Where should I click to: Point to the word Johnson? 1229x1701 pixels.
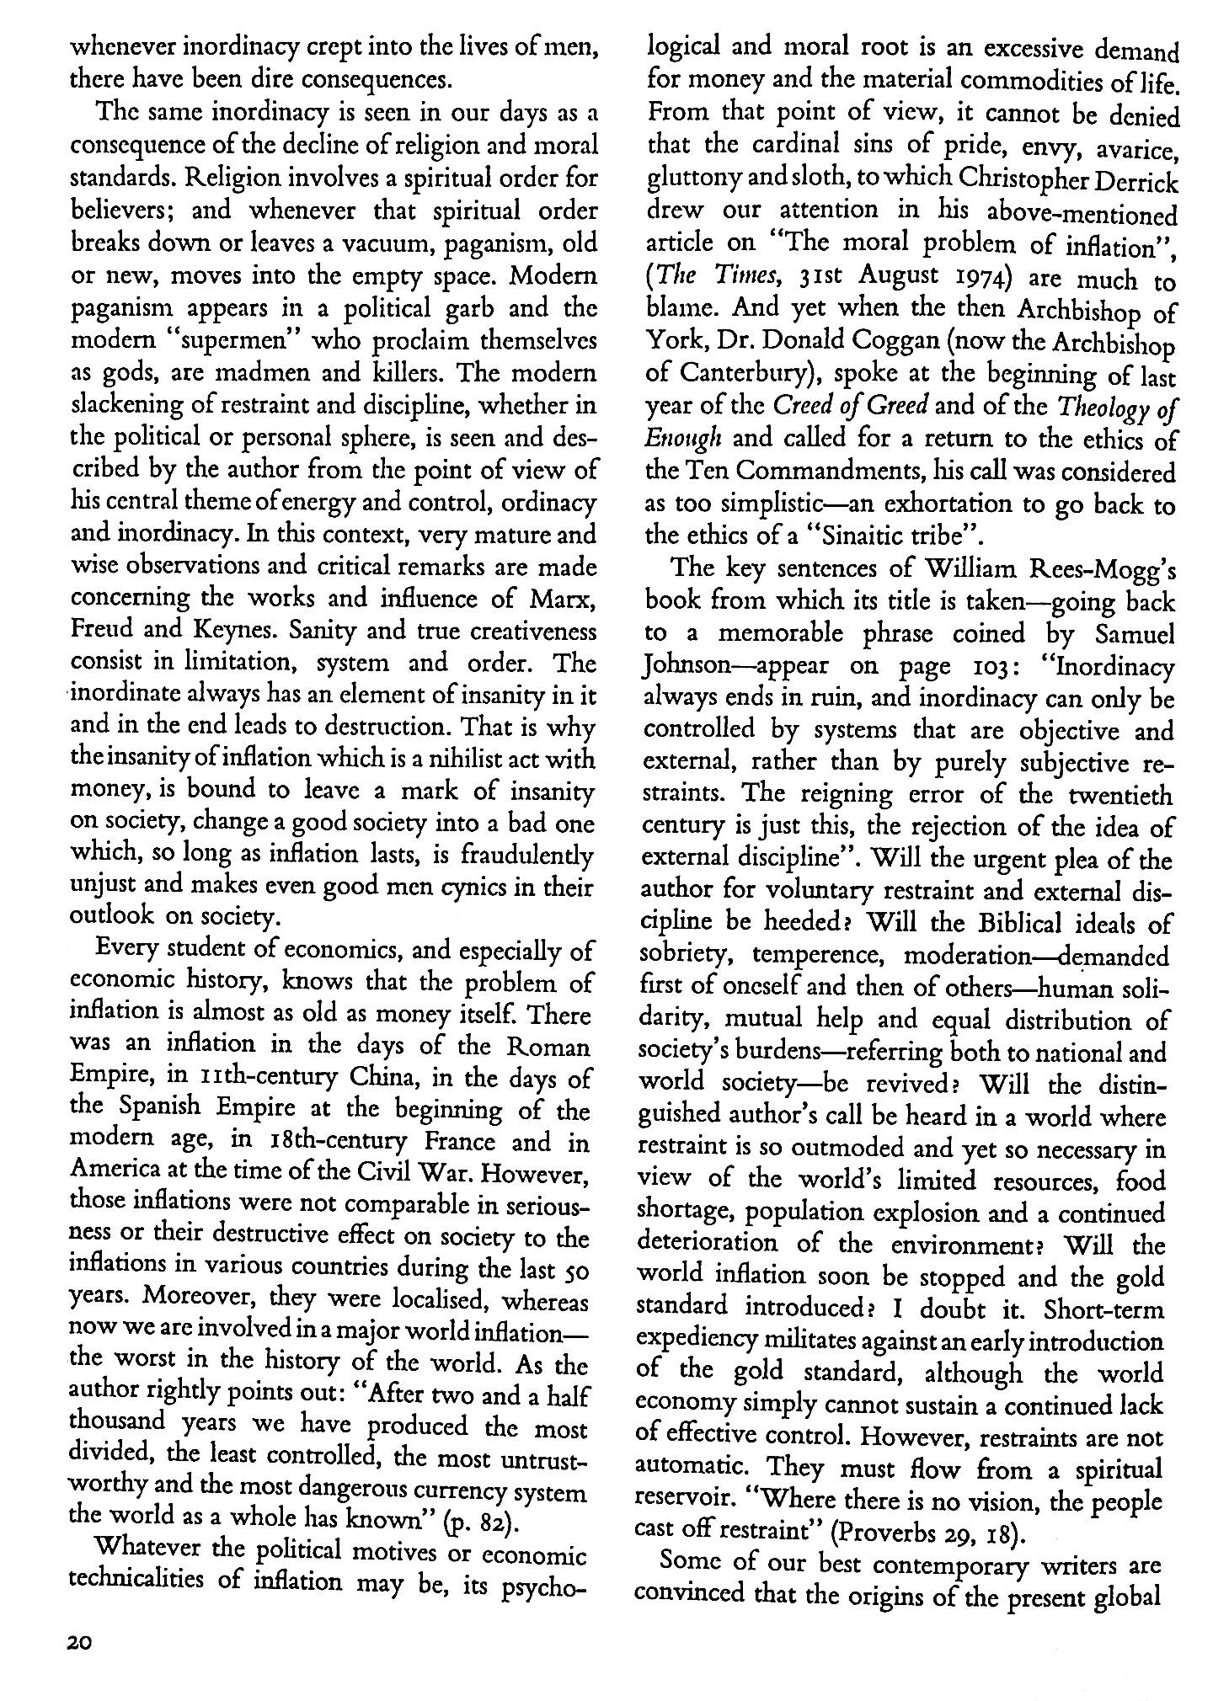(687, 666)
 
